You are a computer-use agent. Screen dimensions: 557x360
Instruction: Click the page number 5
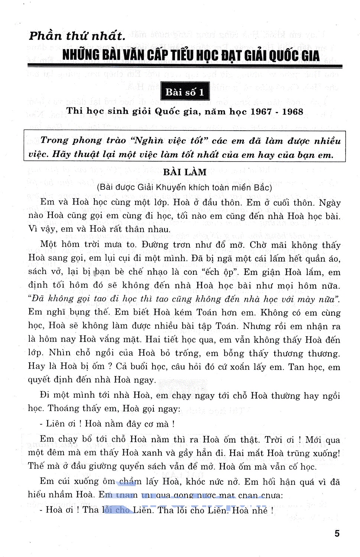pos(337,534)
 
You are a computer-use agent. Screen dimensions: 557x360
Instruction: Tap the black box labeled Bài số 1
pos(185,92)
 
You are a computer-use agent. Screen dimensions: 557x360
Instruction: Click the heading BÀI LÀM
pos(185,172)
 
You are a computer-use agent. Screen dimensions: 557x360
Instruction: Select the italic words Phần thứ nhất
pos(77,36)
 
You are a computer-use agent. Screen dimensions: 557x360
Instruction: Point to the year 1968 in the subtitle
pos(292,112)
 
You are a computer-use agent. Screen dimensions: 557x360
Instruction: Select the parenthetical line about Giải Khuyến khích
pos(184,188)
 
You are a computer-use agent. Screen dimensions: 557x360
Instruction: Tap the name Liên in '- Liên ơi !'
pos(55,424)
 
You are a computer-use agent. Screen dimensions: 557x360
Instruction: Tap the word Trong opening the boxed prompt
pos(54,141)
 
